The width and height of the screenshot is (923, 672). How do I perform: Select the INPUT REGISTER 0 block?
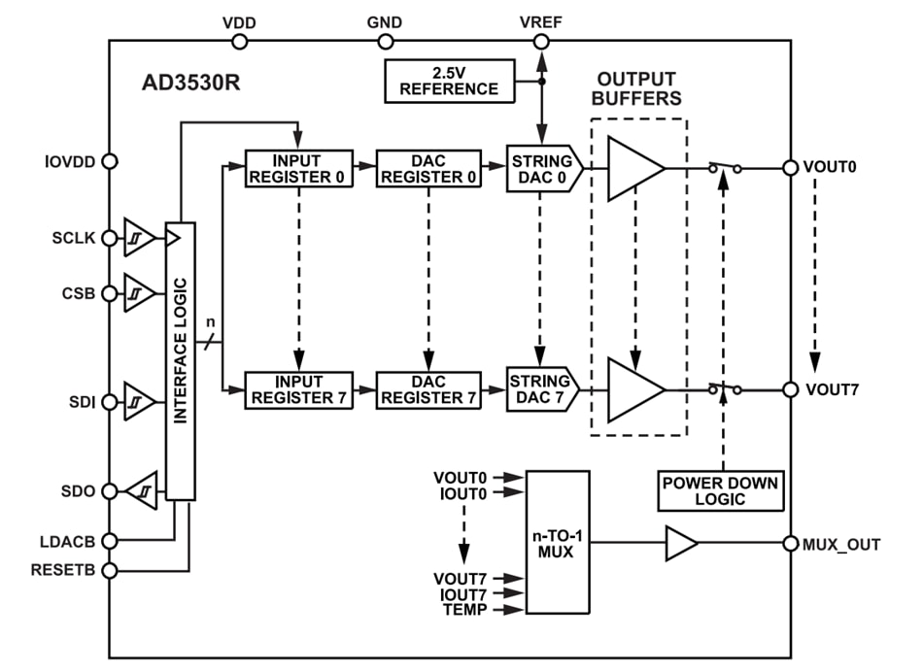[296, 168]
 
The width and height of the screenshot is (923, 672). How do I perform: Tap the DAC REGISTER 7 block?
[428, 389]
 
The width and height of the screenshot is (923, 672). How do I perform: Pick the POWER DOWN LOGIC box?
[720, 491]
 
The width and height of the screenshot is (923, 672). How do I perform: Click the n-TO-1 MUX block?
[557, 543]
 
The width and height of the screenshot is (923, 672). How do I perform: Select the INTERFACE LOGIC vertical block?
[180, 361]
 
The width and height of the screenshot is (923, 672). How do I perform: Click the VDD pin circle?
[239, 42]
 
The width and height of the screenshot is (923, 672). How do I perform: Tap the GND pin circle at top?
[385, 42]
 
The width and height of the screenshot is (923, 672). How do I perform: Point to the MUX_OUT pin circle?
[791, 545]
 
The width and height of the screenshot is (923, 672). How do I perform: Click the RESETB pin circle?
[110, 570]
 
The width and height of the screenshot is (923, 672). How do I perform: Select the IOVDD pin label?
[69, 162]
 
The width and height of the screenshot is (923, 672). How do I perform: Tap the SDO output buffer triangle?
[142, 491]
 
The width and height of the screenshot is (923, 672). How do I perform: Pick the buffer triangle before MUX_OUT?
[680, 544]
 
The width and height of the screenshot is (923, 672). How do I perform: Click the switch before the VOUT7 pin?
[724, 389]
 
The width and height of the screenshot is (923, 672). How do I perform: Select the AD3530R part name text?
[191, 81]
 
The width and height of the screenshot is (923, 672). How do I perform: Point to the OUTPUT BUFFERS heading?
[638, 88]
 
